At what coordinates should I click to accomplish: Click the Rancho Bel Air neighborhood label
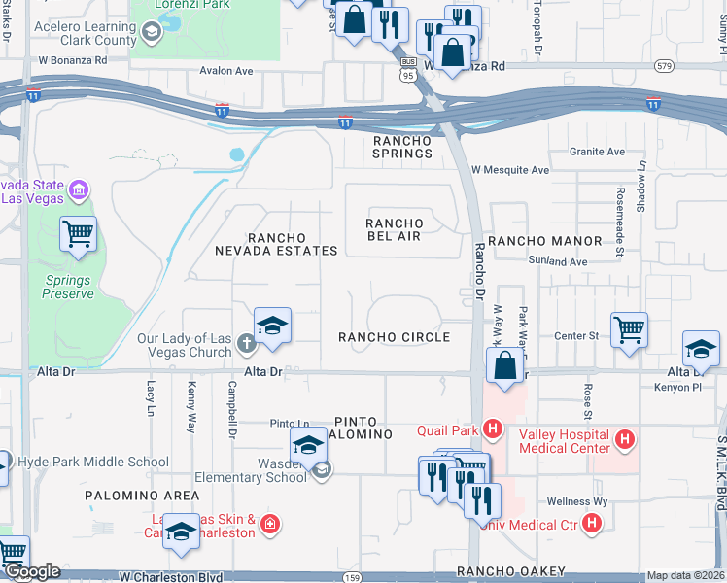396,230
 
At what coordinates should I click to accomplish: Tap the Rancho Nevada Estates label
278,244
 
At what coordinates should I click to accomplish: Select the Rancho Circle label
394,337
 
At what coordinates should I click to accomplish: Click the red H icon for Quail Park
493,429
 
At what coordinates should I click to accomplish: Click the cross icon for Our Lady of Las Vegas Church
247,342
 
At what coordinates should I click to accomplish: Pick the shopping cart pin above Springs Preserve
78,233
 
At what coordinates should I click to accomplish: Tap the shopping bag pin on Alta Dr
504,366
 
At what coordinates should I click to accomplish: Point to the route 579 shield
664,66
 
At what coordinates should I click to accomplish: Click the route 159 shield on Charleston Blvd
350,578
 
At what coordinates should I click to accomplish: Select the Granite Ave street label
597,152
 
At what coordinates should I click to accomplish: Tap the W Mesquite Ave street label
510,170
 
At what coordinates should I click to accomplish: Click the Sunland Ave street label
558,262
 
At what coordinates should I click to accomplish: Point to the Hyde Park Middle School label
93,463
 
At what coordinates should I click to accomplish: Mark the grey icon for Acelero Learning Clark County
151,34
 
